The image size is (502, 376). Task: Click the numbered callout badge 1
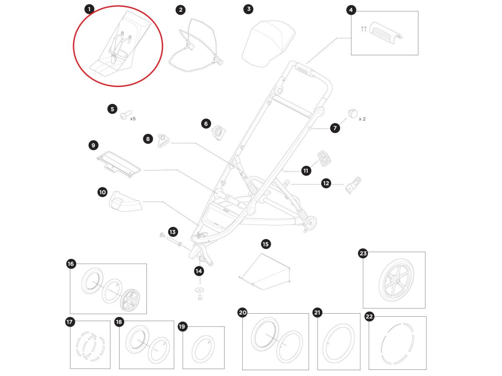(89, 9)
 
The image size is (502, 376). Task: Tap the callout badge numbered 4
(351, 10)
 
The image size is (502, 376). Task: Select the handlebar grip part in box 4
(385, 33)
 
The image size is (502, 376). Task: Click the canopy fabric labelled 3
(269, 44)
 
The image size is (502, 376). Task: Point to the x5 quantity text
(133, 119)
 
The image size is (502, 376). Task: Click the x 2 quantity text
(362, 119)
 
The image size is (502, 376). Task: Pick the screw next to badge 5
(126, 115)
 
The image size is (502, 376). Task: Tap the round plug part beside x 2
(353, 113)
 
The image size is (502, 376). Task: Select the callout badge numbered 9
(93, 146)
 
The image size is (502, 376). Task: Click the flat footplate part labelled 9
(119, 164)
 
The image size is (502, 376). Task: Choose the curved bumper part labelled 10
(125, 201)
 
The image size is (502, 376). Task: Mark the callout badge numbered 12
(326, 183)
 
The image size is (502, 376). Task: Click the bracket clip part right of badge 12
(353, 185)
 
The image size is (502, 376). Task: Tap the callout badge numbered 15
(266, 244)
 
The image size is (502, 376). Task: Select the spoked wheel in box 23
(396, 280)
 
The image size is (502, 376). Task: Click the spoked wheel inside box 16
(130, 300)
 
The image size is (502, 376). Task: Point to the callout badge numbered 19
(182, 326)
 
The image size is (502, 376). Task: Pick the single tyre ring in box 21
(338, 343)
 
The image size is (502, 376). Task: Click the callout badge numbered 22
(369, 317)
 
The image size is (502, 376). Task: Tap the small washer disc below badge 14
(200, 289)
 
